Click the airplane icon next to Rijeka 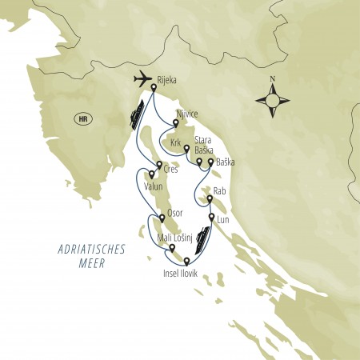tap(141, 80)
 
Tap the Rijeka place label tap(171, 80)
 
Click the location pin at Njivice tap(176, 123)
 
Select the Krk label tap(176, 142)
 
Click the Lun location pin tap(211, 217)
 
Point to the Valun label tap(154, 187)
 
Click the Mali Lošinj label tap(178, 238)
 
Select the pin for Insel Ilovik tap(186, 261)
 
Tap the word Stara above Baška tap(202, 141)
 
